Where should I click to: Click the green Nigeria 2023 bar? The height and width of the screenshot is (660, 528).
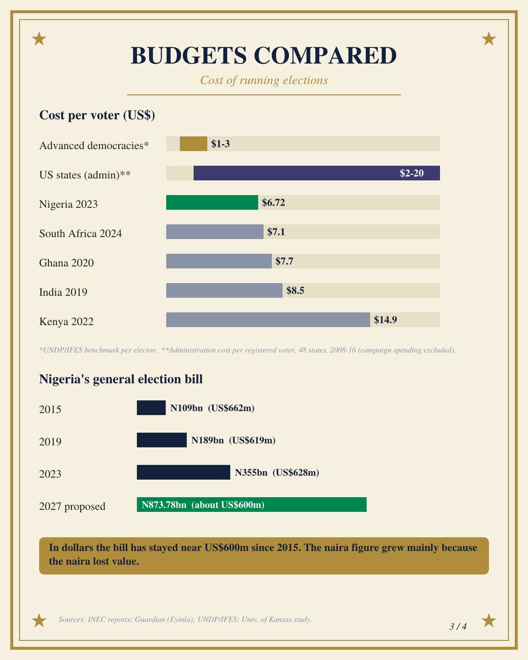tap(212, 202)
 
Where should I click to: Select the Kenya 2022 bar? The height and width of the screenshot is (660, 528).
tap(268, 320)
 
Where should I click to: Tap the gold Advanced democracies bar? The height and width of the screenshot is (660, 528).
tap(193, 144)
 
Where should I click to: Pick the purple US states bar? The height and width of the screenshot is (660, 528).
tap(317, 173)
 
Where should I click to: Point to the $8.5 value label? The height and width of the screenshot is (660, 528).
tap(295, 290)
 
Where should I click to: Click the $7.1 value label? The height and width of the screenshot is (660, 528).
tap(276, 232)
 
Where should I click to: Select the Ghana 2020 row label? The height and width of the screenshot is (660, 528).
tap(66, 263)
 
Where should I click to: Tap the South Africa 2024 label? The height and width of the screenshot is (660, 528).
tap(80, 233)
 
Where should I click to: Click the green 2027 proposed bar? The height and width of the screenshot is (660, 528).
tap(251, 505)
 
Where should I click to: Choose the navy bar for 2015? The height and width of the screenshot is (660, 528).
tap(151, 408)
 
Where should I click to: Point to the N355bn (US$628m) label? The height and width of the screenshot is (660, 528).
tap(277, 472)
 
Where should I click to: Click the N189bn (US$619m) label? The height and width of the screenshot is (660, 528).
tap(233, 441)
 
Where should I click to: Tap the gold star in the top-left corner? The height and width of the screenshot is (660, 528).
tap(39, 39)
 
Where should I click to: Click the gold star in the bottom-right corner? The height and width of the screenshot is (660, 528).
tap(489, 621)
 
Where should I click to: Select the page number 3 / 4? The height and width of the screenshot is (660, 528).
tap(458, 626)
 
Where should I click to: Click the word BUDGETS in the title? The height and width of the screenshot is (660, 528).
tap(189, 56)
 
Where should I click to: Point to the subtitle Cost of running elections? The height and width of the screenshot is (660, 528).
tap(264, 80)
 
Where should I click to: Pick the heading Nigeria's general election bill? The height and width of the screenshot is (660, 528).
tap(121, 380)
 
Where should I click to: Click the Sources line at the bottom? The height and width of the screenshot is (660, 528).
tap(185, 619)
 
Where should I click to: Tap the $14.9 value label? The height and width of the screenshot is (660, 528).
tap(385, 320)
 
